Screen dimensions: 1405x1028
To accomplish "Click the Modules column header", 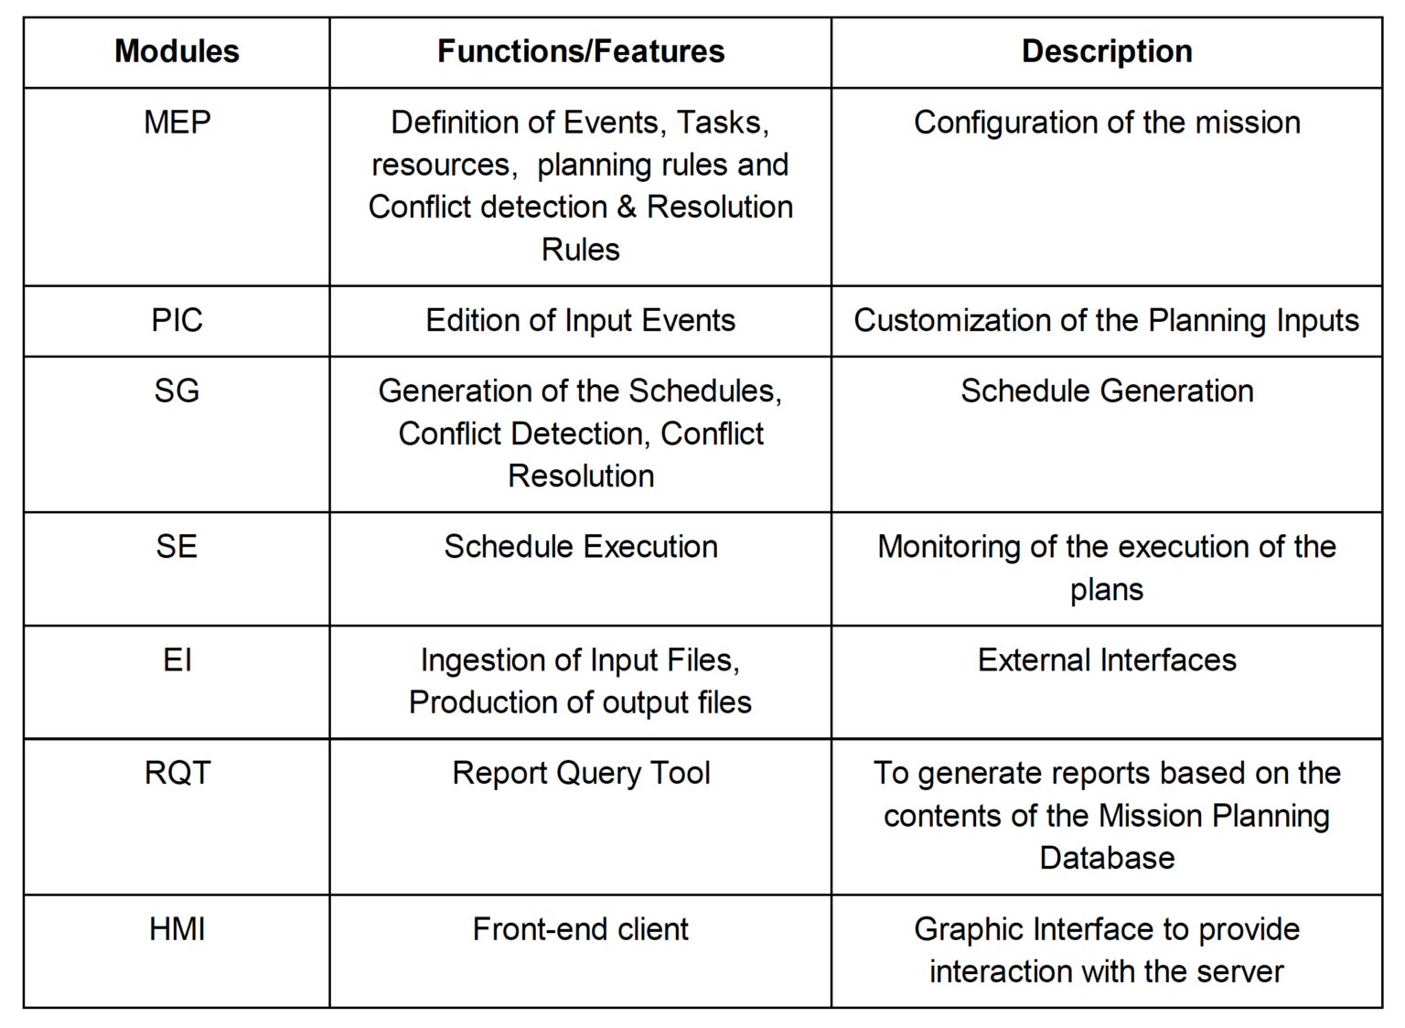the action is click(177, 51).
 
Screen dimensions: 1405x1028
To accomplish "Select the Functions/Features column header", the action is click(581, 51).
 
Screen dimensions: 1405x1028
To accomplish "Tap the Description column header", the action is click(1107, 51).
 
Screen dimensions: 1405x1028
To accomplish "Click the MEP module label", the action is click(177, 122).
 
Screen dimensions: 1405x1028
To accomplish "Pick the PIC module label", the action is click(177, 320).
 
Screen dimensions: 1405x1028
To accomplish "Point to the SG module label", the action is click(177, 391).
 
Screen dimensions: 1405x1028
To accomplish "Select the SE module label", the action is click(177, 546).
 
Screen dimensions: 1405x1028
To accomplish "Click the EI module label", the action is click(177, 659).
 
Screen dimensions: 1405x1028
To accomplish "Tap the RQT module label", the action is click(177, 773).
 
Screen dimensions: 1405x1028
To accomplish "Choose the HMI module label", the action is click(177, 929).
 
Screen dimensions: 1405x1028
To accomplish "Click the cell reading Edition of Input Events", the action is click(581, 320).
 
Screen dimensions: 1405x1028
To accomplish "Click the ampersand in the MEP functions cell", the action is click(627, 207).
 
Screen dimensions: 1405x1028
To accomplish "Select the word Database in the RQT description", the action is click(1107, 857).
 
